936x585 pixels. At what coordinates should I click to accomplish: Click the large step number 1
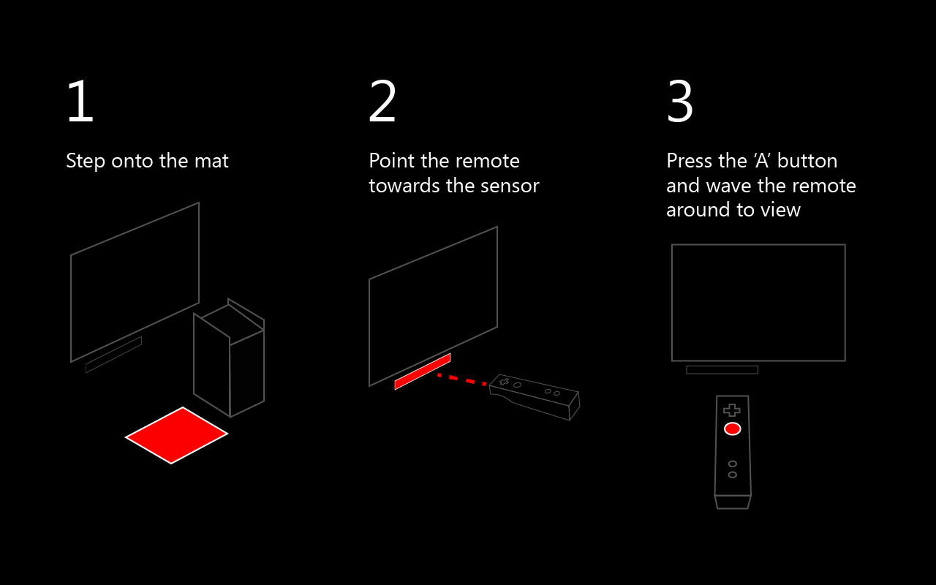click(80, 102)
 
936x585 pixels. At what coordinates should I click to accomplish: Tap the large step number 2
click(382, 102)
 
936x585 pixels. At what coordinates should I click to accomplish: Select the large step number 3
click(680, 102)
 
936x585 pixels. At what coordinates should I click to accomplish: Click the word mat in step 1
click(212, 161)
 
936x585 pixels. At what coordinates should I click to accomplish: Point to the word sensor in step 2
click(509, 186)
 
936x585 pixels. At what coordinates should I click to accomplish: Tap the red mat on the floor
click(176, 435)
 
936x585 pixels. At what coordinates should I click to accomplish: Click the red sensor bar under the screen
click(422, 371)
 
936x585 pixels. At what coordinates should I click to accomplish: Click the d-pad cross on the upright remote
click(731, 410)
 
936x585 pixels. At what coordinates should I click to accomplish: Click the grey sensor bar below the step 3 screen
click(722, 370)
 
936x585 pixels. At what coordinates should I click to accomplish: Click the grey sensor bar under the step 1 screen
click(113, 355)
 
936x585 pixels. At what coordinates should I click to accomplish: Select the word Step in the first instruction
click(86, 161)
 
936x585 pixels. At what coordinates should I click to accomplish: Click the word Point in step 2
click(392, 161)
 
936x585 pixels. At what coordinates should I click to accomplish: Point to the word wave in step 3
click(727, 186)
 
